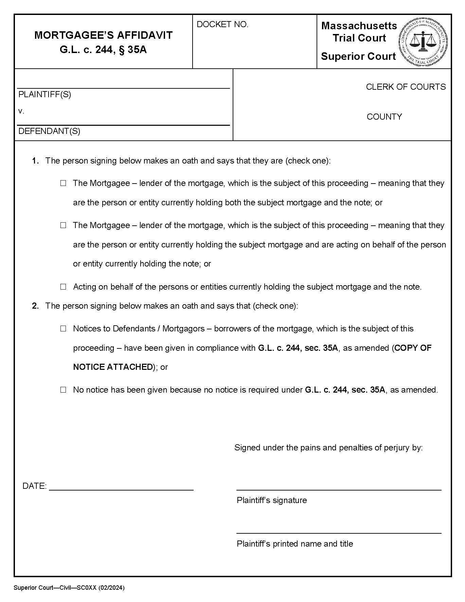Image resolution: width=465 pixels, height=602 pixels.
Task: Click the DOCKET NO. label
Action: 222,24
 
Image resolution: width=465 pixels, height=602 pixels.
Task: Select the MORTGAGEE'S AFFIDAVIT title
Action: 103,35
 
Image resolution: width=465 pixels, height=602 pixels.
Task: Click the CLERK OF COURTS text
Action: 406,87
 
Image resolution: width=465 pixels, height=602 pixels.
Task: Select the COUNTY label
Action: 384,117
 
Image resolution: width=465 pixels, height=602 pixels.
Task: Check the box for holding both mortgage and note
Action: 63,184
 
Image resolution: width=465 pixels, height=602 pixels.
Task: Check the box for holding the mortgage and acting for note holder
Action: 63,225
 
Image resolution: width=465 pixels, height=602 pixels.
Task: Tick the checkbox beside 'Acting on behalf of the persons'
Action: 63,287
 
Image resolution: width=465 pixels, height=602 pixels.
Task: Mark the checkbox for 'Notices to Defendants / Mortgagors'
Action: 63,329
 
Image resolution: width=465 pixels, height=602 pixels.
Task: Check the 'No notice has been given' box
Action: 63,390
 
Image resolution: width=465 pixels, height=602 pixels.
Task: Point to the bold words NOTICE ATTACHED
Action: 113,367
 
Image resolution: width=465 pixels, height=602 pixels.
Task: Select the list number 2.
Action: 35,306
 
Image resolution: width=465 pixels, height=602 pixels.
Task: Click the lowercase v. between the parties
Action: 21,111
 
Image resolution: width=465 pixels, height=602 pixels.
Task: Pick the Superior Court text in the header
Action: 358,56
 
